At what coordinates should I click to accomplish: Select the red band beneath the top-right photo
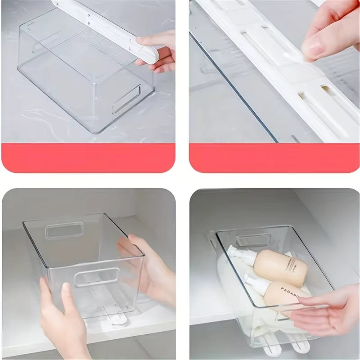(x=274, y=158)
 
